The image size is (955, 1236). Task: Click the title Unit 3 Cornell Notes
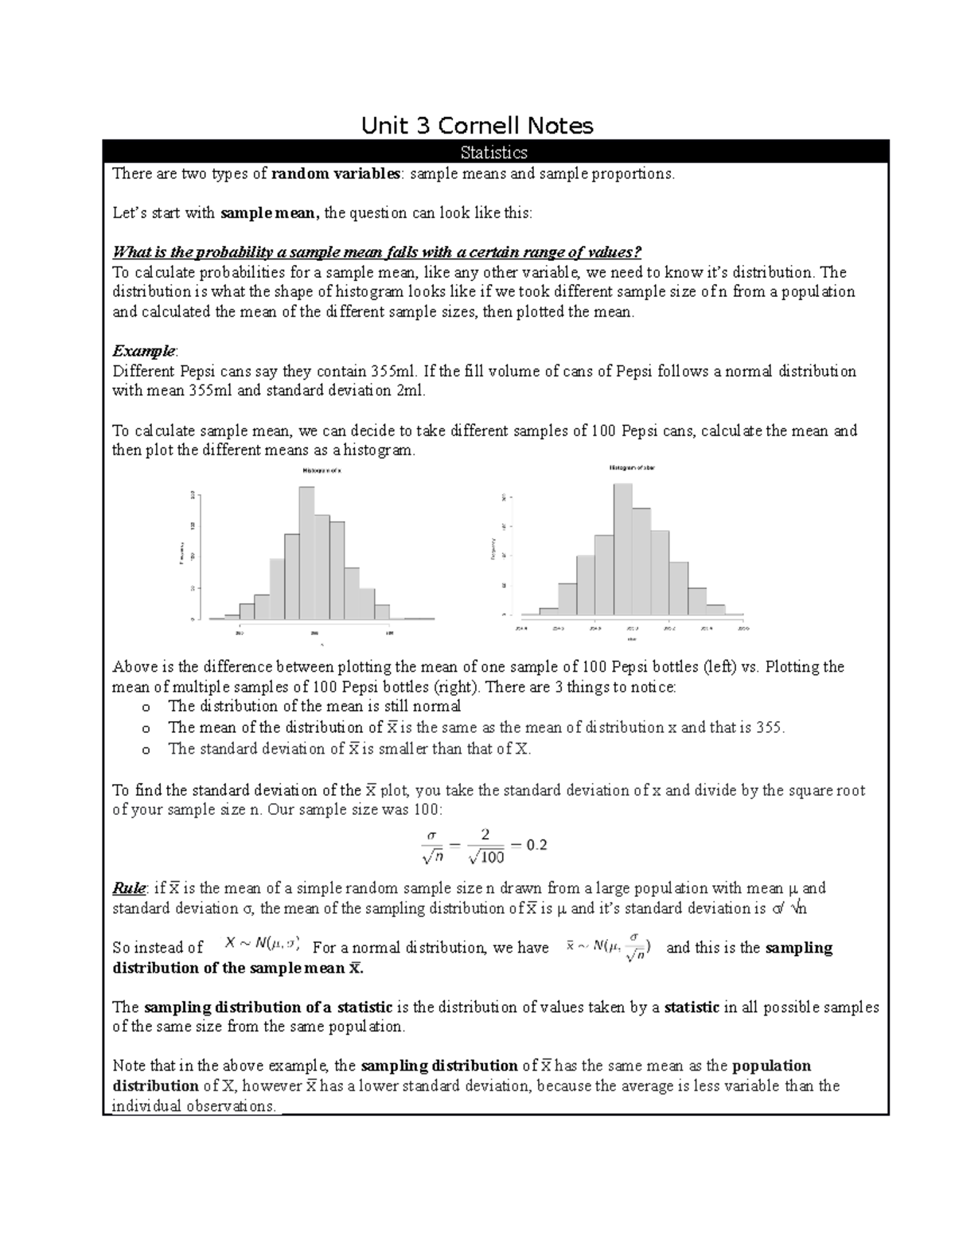point(477,126)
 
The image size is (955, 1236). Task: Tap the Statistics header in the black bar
point(494,152)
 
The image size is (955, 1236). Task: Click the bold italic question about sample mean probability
point(376,252)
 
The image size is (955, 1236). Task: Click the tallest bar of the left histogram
point(306,552)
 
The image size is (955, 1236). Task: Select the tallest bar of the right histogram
point(622,549)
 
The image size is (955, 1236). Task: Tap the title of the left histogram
point(322,471)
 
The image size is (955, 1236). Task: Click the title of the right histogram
point(632,468)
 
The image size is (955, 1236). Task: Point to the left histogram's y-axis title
point(181,554)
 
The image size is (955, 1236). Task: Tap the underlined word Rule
point(128,888)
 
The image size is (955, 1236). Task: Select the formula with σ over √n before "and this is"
point(608,946)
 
